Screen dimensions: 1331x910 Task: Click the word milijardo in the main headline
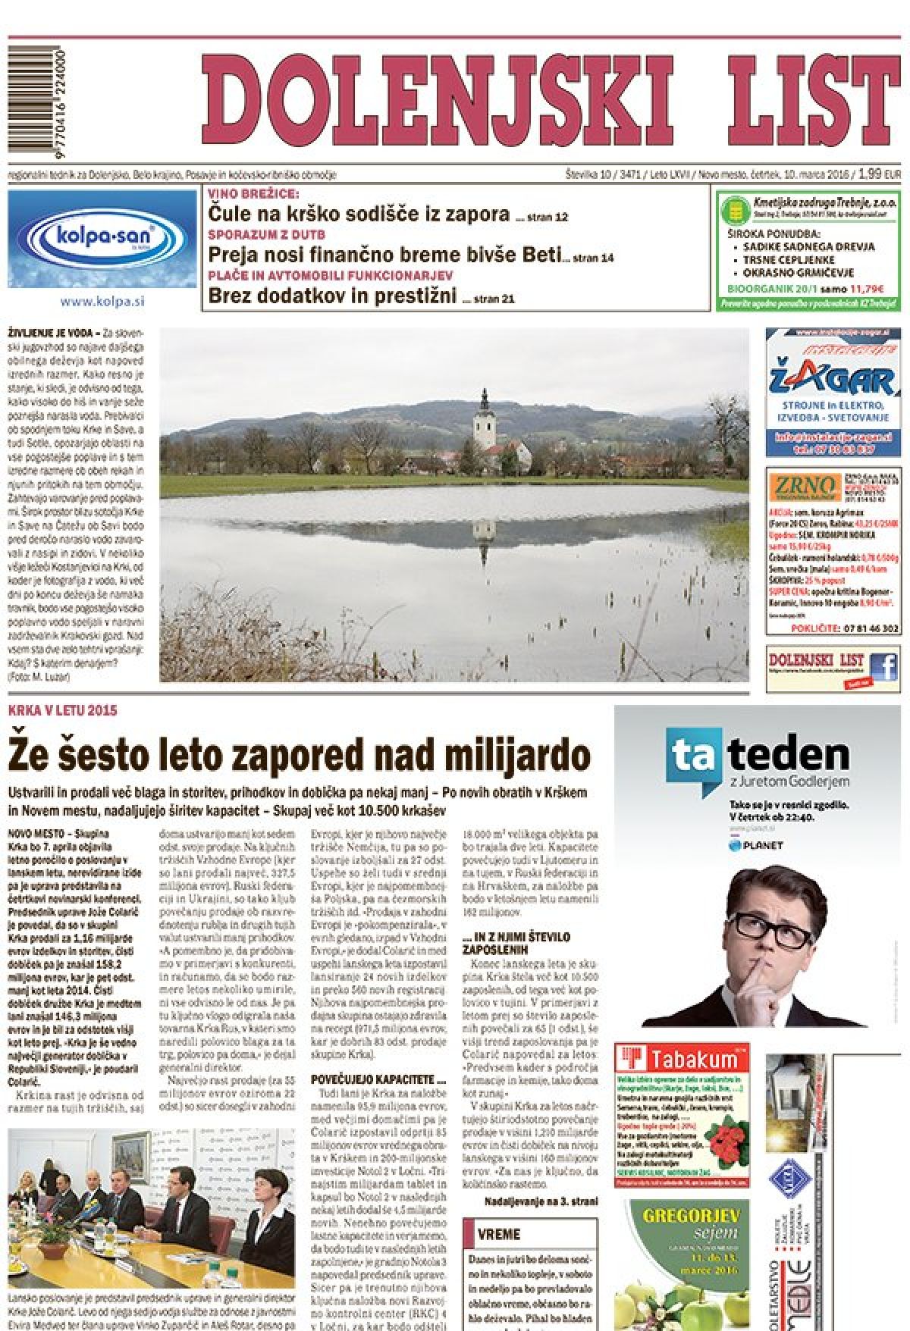(516, 755)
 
